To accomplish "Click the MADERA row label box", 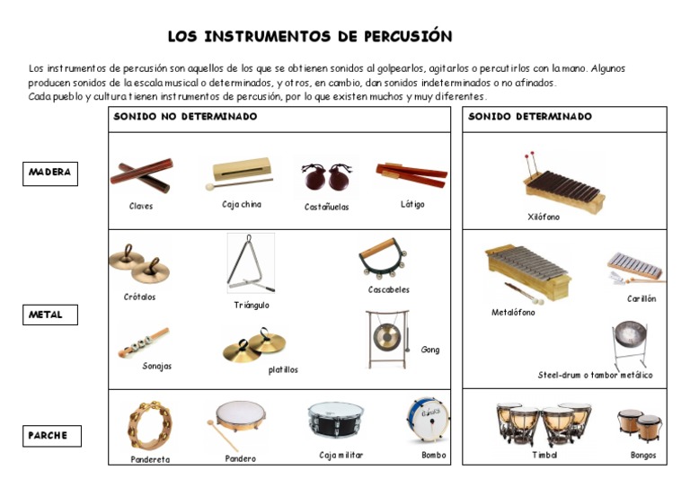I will point(50,173).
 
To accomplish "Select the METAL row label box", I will point(50,315).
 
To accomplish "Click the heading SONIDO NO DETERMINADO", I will point(185,117).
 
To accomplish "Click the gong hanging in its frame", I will point(387,339).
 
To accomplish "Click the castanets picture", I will point(326,178).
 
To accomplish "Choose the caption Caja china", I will point(242,204).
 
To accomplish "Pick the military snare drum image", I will point(335,420).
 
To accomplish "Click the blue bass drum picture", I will point(428,420).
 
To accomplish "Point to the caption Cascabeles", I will point(388,289).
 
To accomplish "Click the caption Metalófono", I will point(513,313).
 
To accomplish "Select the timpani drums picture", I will point(542,423).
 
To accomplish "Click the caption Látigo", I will point(412,204).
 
